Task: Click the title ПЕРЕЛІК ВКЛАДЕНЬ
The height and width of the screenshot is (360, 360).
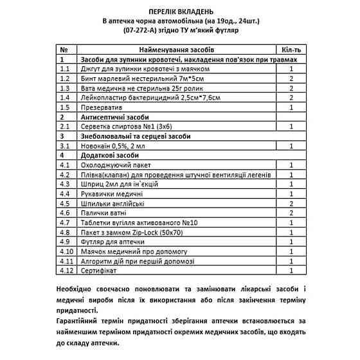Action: click(179, 12)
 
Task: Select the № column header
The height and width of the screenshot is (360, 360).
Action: click(64, 50)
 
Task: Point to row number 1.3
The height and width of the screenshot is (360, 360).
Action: click(64, 87)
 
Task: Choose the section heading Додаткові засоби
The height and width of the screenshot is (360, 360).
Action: click(109, 156)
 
